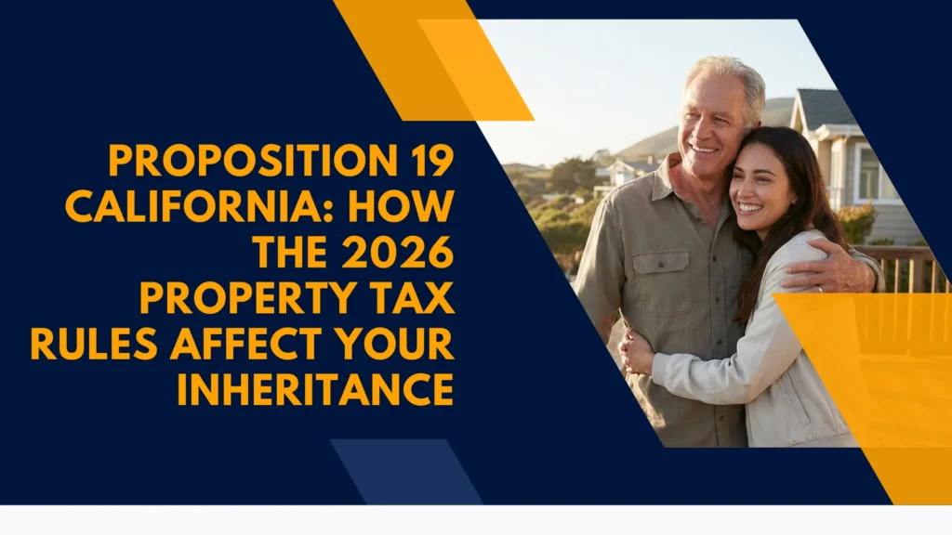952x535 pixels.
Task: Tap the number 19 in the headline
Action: pyautogui.click(x=430, y=162)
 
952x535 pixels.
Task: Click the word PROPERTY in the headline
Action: pyautogui.click(x=236, y=298)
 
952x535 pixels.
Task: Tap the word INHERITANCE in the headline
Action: pyautogui.click(x=315, y=389)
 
